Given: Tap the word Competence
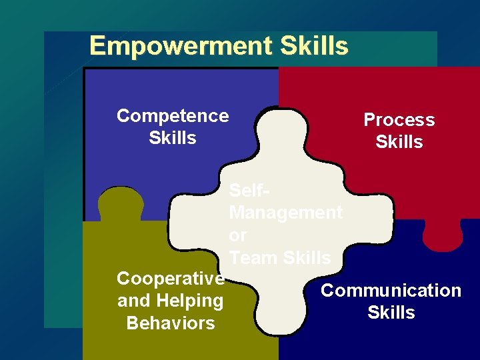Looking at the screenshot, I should tap(173, 116).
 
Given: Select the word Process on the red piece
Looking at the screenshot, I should tap(399, 120).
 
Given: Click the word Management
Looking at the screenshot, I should tap(285, 213).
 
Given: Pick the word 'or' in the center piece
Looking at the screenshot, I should tap(237, 235).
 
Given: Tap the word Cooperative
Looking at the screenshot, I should tap(171, 278).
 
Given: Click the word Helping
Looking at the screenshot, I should tap(190, 301).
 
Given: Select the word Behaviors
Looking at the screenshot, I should tap(171, 323).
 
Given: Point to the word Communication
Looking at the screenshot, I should tap(391, 291).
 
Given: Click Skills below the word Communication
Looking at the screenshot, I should tap(391, 313).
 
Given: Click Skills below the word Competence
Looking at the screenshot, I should tap(173, 138).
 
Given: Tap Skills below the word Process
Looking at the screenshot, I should tap(399, 142).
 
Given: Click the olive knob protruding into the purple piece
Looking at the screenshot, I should tap(121, 203).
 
